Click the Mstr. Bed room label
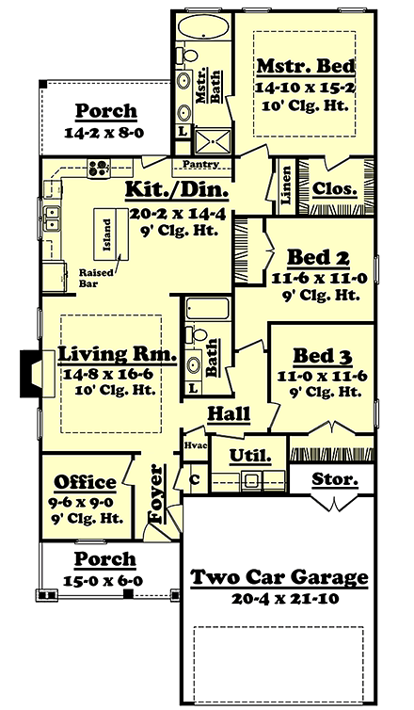tap(305, 67)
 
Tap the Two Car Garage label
tap(278, 577)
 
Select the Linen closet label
tap(281, 181)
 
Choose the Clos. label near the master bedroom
tap(335, 188)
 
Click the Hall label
tap(229, 411)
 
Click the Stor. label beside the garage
tap(336, 479)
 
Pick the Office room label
tap(85, 482)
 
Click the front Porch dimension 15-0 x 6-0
tap(105, 581)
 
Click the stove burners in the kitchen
tap(99, 169)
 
